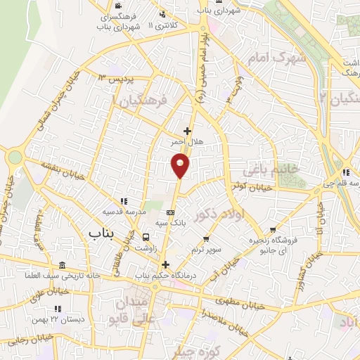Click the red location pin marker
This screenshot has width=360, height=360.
click(181, 165)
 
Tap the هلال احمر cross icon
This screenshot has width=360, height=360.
click(187, 130)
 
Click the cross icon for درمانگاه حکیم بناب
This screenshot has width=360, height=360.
click(166, 265)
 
